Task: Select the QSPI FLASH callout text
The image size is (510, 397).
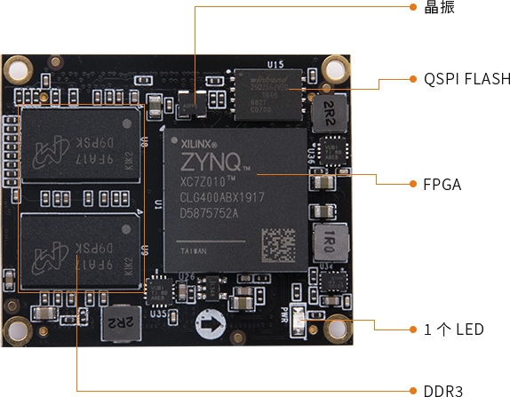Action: tap(460, 79)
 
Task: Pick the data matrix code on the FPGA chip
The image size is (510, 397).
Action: tap(279, 242)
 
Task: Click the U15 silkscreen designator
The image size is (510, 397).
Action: tap(275, 64)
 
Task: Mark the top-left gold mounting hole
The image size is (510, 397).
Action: tap(19, 67)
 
